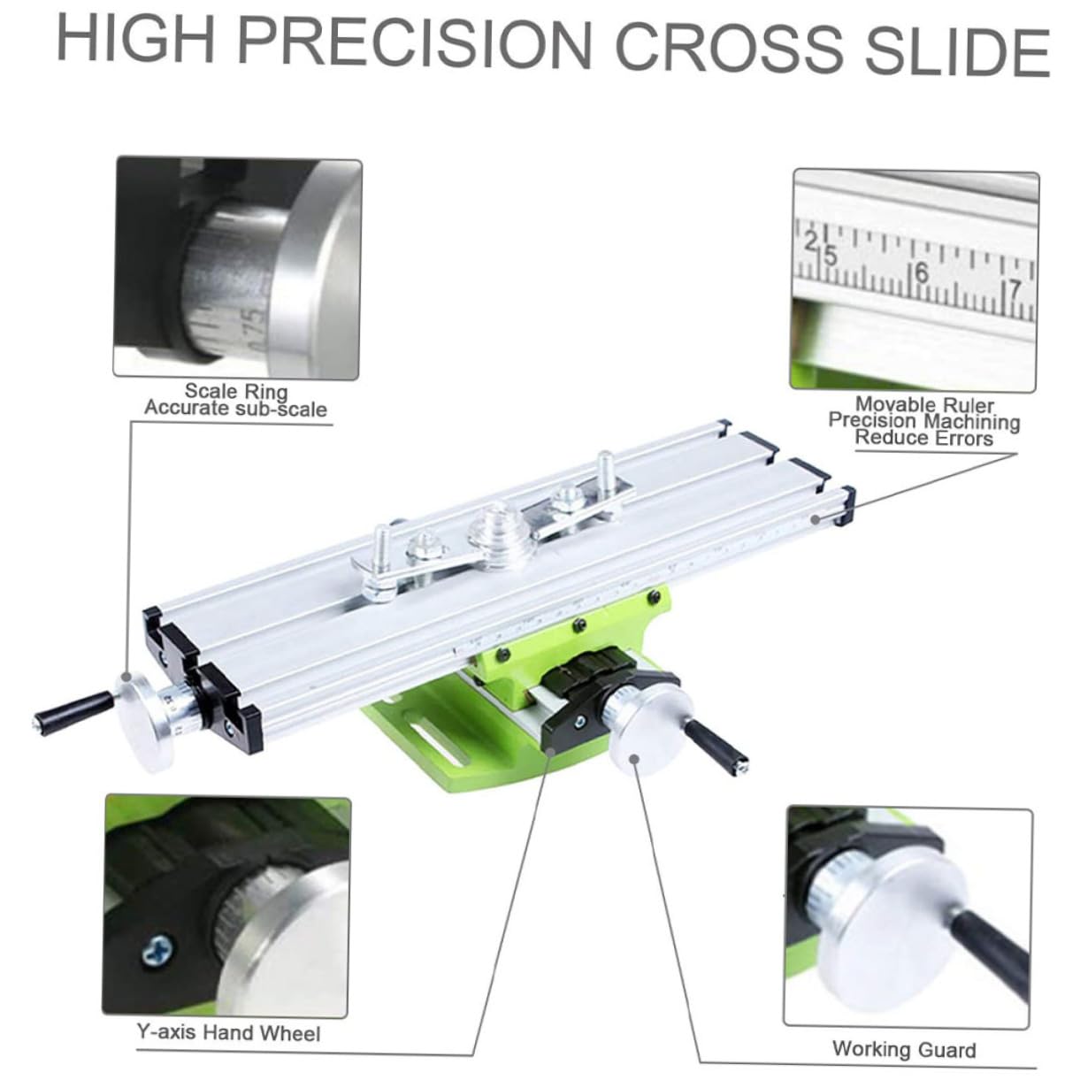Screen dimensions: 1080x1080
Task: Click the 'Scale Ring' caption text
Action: [236, 390]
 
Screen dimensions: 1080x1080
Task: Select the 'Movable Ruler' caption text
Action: [924, 404]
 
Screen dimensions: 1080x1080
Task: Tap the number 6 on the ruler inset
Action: [922, 272]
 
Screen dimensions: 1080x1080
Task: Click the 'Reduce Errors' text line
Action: [924, 438]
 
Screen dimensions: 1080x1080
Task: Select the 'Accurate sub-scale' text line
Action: [235, 408]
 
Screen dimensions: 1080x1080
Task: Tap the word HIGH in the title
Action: [136, 39]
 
